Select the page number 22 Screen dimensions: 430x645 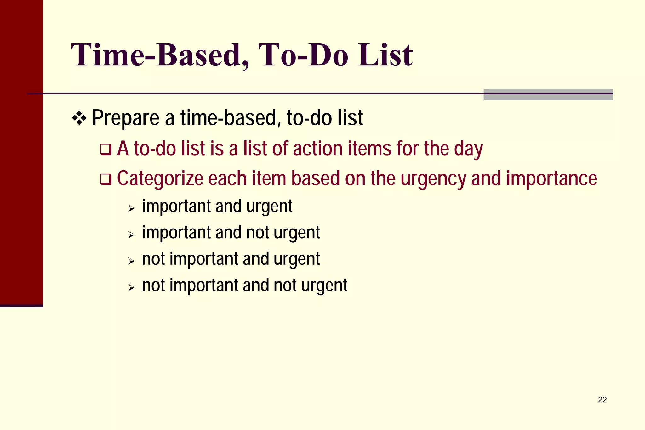[602, 400]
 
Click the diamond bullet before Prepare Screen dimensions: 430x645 [79, 118]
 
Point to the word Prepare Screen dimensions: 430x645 [126, 118]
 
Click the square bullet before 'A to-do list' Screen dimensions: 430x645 [106, 149]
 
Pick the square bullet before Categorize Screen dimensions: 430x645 [106, 179]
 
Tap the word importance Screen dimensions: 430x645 [551, 178]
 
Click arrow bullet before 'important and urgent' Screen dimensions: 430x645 [131, 208]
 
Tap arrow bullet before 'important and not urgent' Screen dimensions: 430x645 [131, 235]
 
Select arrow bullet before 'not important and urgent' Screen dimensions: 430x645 [131, 261]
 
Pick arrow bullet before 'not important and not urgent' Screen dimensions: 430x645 [131, 287]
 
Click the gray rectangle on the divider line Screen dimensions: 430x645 [548, 95]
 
